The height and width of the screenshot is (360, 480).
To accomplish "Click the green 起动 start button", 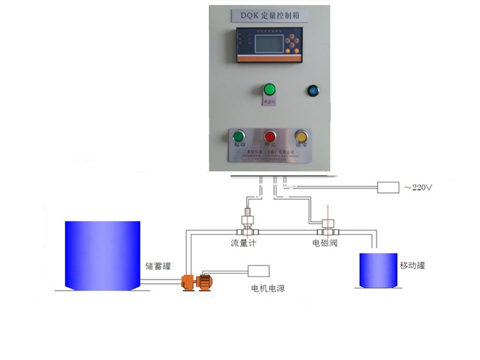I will click(x=239, y=136).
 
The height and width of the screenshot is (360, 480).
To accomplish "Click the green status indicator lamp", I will click(x=269, y=89).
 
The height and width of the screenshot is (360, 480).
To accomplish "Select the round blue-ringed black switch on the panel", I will click(x=312, y=90).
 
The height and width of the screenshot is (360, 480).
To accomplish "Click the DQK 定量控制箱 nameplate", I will click(x=269, y=15).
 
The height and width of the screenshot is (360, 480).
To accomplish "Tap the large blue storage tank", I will click(x=102, y=255).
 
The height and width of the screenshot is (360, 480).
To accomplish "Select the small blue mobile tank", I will click(x=378, y=270).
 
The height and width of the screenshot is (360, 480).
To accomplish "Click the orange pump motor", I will click(x=197, y=282).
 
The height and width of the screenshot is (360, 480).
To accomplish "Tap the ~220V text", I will click(x=417, y=187).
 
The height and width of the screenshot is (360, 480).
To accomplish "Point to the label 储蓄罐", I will click(x=158, y=266).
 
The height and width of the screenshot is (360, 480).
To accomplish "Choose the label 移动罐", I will click(x=412, y=265).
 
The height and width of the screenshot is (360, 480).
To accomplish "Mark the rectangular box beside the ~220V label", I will click(x=388, y=187).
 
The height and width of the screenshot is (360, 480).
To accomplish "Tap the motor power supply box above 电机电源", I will click(x=259, y=270).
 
